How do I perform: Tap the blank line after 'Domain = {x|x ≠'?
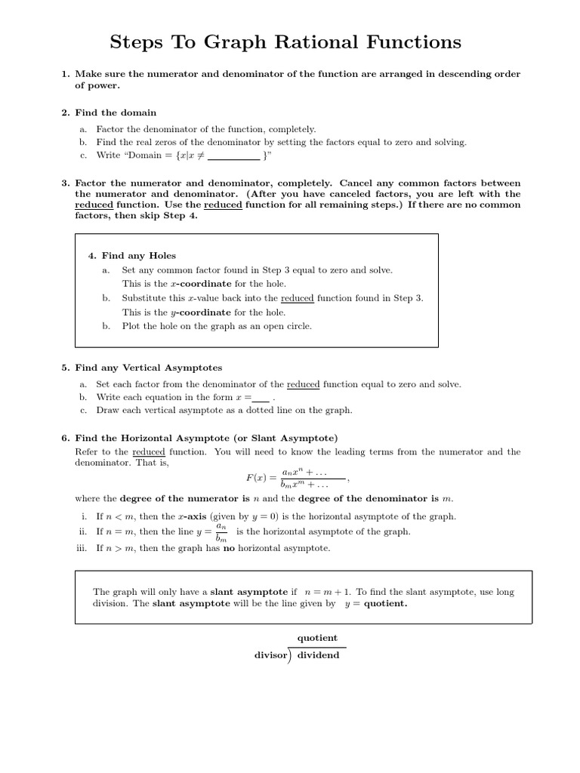(x=233, y=156)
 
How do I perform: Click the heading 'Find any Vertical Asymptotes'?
(x=148, y=368)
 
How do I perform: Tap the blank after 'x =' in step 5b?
(x=261, y=398)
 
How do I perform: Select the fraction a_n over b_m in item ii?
(x=221, y=531)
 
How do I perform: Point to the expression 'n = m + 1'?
(x=327, y=592)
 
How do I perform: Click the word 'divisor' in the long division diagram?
(x=271, y=655)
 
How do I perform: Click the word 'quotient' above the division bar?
(x=317, y=638)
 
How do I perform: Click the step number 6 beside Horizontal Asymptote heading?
(x=65, y=438)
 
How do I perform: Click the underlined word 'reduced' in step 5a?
(x=303, y=384)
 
